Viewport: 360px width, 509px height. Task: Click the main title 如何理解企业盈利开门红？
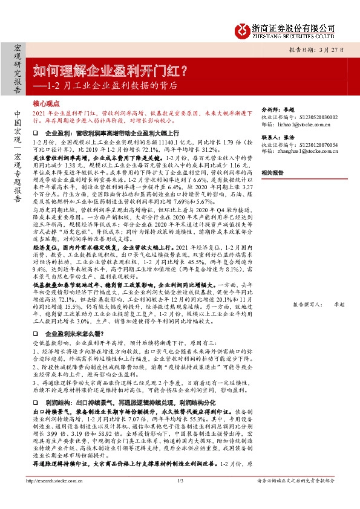click(x=109, y=71)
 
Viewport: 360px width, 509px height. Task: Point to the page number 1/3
click(x=180, y=497)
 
